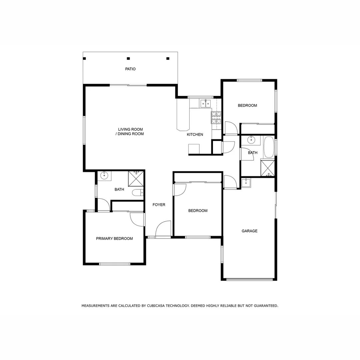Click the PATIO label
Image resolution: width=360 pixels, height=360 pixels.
point(130,69)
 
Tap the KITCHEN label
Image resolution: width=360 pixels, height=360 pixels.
point(195,135)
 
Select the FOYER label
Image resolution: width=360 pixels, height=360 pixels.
point(159,205)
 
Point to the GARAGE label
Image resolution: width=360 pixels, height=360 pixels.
point(249,231)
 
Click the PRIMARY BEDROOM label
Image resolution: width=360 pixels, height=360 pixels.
point(114,239)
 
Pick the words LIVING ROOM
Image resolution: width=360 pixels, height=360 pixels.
point(130,129)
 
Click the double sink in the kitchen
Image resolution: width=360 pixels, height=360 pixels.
point(205,104)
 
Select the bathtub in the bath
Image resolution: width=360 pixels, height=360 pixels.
point(269,148)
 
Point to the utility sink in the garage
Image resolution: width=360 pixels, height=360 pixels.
point(246,183)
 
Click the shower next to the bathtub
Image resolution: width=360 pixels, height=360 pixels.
point(267,168)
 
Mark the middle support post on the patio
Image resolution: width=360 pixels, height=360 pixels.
point(128,58)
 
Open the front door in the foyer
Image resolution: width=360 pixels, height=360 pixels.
point(163,230)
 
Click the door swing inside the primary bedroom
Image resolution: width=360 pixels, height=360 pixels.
point(137,219)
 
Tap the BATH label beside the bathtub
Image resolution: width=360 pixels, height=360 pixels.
point(253,153)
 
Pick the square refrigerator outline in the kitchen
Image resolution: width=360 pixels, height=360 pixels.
point(194,149)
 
